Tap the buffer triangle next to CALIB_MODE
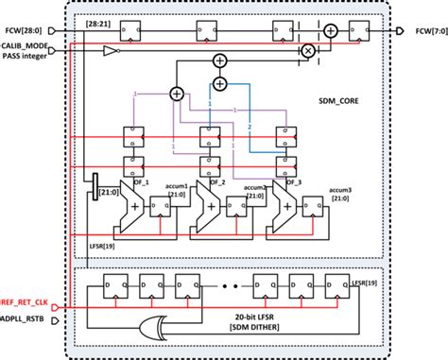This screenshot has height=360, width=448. click(x=112, y=49)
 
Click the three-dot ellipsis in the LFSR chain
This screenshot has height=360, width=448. click(x=231, y=285)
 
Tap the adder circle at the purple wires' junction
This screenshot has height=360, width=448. click(x=176, y=94)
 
